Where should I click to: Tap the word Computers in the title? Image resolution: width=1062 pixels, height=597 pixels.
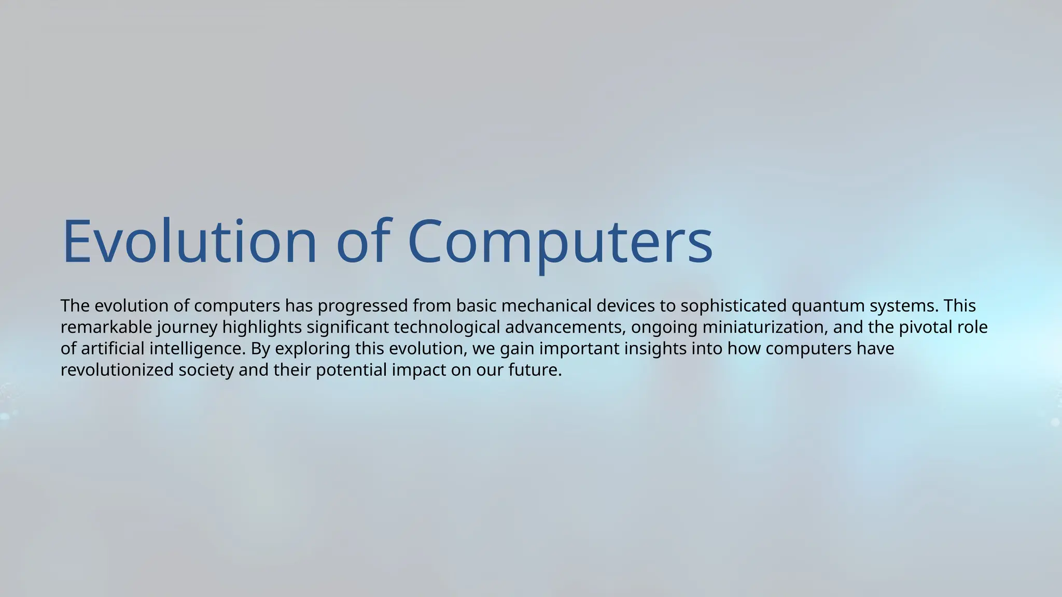coord(560,241)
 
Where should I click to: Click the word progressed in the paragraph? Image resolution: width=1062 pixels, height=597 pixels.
coord(362,306)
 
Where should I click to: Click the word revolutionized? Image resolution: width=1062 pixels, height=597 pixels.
coord(117,370)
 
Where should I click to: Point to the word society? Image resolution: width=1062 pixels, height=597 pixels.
coord(206,370)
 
